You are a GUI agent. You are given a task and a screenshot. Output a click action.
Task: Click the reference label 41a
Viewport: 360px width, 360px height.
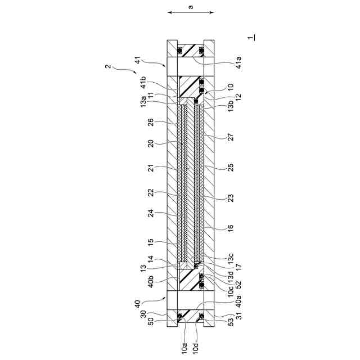tap(238, 62)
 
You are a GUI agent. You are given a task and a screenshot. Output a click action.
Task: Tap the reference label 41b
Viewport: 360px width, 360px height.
tap(143, 82)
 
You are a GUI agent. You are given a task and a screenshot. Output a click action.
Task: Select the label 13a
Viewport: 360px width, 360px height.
tap(143, 102)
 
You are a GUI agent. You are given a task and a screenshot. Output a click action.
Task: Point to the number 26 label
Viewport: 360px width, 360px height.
tap(150, 122)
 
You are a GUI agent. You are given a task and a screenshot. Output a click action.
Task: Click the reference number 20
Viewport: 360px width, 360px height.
tap(150, 143)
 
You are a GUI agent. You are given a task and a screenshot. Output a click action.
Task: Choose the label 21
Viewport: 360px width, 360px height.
tap(150, 168)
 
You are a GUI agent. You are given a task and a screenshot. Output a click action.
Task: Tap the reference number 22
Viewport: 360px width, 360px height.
tap(150, 193)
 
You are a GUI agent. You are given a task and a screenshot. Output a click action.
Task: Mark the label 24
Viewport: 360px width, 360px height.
tap(150, 213)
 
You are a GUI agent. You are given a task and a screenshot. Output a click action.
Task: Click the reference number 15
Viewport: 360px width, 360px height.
tap(150, 242)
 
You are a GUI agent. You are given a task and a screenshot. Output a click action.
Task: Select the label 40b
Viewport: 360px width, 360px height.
tap(150, 281)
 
